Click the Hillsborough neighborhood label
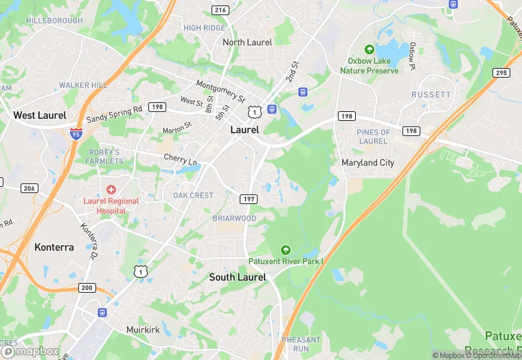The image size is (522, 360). coord(54,21)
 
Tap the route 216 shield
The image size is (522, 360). coord(220,10)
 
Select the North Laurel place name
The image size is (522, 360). coord(247,42)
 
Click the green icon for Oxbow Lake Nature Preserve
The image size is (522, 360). coord(370,50)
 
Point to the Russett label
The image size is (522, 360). coord(431,94)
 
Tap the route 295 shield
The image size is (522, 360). coord(501,72)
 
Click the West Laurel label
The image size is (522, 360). coord(40,115)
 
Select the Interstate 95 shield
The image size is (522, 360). coord(76,134)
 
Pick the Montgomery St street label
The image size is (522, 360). coord(220,90)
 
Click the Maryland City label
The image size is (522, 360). coord(368,163)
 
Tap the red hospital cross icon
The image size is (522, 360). coord(111,189)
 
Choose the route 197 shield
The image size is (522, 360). coord(249,199)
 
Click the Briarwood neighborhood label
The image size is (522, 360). coord(234,218)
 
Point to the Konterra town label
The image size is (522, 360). coord(54,247)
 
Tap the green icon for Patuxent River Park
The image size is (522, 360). coord(286,249)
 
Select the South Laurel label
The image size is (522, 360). coord(238,277)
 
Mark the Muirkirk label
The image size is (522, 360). coord(144,330)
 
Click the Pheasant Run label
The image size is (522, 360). coord(301,344)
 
